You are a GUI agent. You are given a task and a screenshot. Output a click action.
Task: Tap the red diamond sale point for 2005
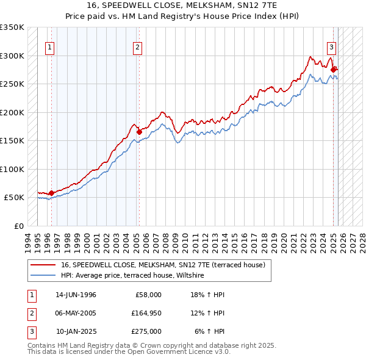139,131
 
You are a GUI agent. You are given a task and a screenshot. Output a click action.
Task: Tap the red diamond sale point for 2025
334,70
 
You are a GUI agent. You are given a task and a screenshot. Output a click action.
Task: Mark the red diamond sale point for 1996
51,193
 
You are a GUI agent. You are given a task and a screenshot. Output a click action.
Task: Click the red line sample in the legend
43,265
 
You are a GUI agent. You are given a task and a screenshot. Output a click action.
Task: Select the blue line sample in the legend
43,276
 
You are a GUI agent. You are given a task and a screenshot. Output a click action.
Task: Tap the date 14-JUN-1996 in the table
76,295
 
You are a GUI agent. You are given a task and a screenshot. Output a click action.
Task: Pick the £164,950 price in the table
146,314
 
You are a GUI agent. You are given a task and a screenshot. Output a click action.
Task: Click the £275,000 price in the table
146,332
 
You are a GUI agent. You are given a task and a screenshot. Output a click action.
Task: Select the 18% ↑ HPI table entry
208,295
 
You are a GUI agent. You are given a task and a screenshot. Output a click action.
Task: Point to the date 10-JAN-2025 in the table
76,332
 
